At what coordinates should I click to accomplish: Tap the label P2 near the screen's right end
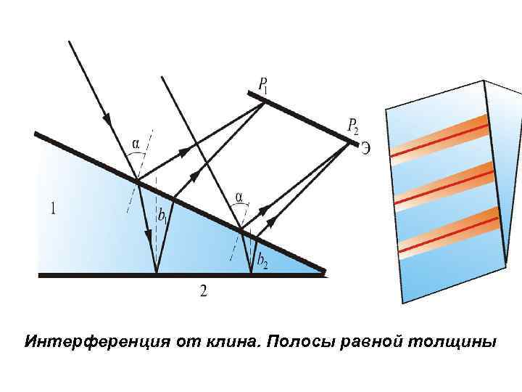pyautogui.click(x=353, y=128)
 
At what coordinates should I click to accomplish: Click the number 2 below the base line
pyautogui.click(x=204, y=290)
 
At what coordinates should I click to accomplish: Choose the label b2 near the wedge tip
pyautogui.click(x=262, y=260)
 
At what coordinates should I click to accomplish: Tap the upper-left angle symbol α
pyautogui.click(x=135, y=143)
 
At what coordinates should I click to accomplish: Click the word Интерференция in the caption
pyautogui.click(x=94, y=340)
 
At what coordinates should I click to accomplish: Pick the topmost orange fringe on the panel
pyautogui.click(x=439, y=136)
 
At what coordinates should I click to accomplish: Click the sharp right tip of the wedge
pyautogui.click(x=324, y=273)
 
